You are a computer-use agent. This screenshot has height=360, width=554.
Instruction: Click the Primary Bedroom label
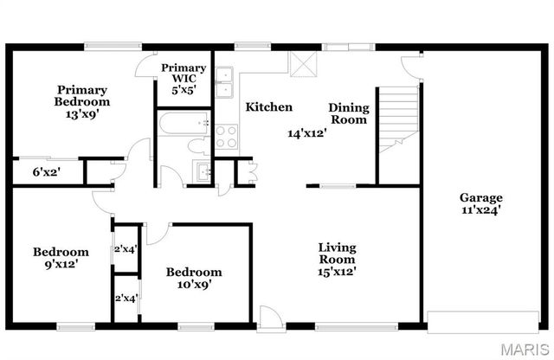tap(83, 95)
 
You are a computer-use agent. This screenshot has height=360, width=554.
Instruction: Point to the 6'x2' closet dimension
tap(46, 171)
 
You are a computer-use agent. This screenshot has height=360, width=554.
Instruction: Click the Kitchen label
tap(268, 107)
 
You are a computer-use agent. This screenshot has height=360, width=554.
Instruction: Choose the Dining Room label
tap(349, 113)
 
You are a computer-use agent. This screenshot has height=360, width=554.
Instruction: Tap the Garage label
tap(482, 196)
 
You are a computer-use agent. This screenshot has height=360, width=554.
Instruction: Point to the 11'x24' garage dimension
tap(482, 209)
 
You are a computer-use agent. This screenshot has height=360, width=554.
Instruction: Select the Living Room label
tap(337, 253)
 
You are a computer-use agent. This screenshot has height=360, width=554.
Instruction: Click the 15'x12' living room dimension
tap(337, 272)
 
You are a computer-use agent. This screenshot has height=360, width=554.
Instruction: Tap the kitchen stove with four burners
tap(227, 137)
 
